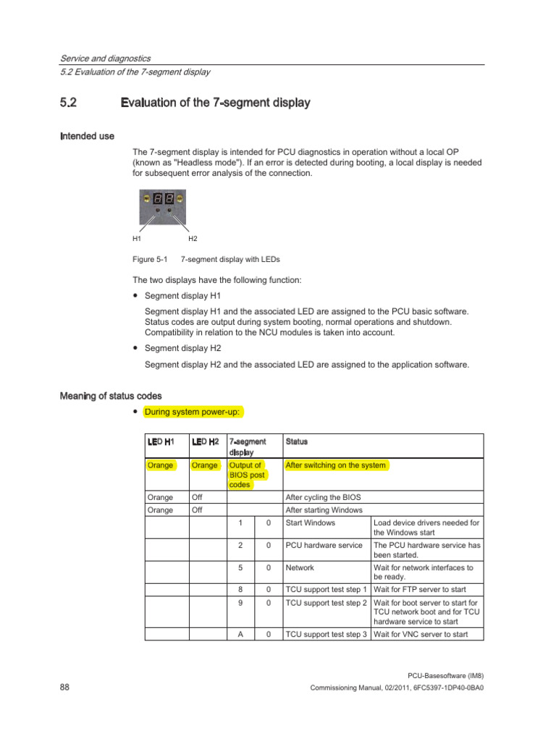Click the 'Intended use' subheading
(87, 136)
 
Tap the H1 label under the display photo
(137, 238)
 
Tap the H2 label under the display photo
(193, 238)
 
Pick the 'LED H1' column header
(160, 441)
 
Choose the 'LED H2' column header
(205, 441)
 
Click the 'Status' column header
(296, 441)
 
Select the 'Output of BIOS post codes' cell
(246, 475)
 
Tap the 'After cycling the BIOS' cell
(323, 498)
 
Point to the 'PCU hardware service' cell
(324, 545)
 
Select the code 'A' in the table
(240, 635)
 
